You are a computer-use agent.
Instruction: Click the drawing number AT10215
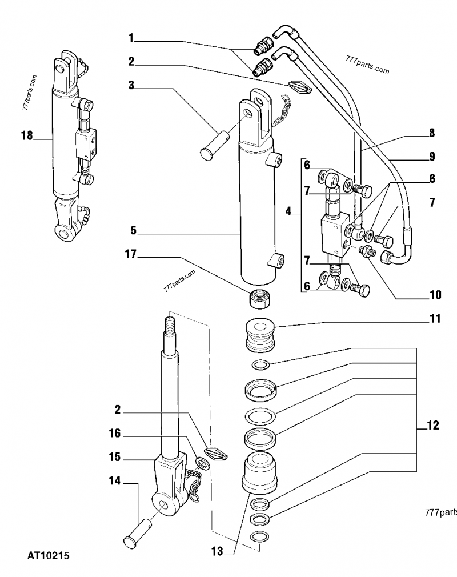pyautogui.click(x=48, y=555)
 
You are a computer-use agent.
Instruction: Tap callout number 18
pyautogui.click(x=26, y=135)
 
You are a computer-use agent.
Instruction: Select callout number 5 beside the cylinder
pyautogui.click(x=133, y=231)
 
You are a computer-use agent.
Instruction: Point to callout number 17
pyautogui.click(x=131, y=255)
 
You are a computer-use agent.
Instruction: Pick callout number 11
pyautogui.click(x=435, y=319)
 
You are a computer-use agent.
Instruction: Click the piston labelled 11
pyautogui.click(x=260, y=337)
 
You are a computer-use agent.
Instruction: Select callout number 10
pyautogui.click(x=435, y=295)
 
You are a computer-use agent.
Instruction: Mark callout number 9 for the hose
pyautogui.click(x=432, y=155)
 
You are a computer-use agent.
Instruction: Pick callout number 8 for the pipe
pyautogui.click(x=432, y=133)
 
